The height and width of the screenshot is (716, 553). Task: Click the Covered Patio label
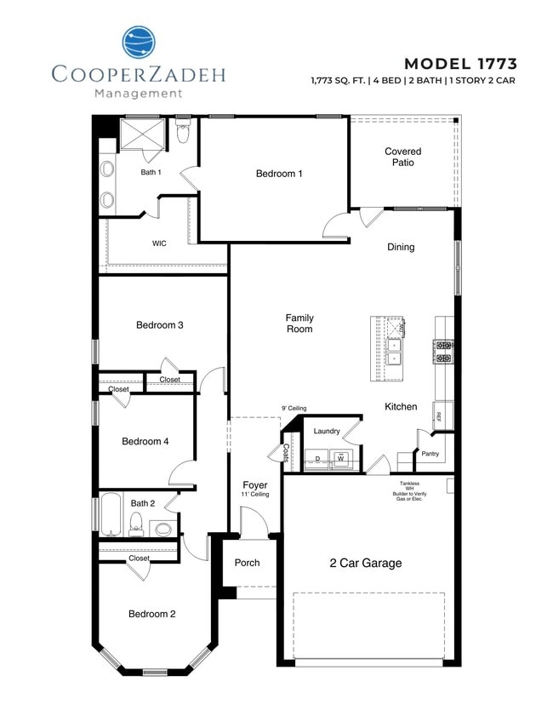point(402,157)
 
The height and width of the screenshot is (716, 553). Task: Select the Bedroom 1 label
point(279,174)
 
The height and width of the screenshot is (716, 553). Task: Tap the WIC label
point(159,243)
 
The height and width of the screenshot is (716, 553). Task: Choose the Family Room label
point(299,323)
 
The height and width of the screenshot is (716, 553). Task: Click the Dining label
point(401,248)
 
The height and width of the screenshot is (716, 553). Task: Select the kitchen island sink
point(394,352)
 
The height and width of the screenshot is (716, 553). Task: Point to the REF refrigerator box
point(439,416)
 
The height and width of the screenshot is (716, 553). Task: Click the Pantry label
point(430,454)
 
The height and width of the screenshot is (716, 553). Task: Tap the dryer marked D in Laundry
point(317,459)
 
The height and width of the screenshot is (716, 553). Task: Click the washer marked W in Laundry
point(340,459)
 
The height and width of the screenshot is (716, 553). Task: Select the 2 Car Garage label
point(366,563)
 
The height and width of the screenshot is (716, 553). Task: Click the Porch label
point(247,563)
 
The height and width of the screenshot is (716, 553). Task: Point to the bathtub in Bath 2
point(110,514)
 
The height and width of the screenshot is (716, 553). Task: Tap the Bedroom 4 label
point(145,441)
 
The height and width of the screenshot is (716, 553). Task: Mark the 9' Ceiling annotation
point(294,409)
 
